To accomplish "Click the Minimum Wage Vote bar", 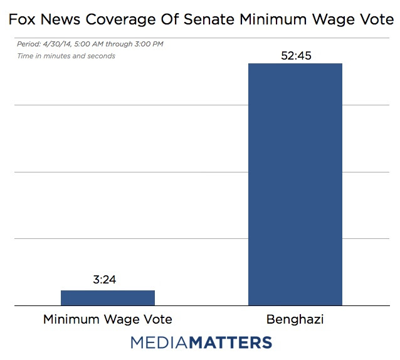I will click(107, 298).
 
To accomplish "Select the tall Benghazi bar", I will click(295, 184).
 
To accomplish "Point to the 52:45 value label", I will click(295, 55).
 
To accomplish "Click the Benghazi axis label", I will click(295, 319).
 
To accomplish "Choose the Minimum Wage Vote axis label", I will click(107, 319).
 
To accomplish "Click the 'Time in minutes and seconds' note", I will click(66, 56).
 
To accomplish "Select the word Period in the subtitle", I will click(27, 45).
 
